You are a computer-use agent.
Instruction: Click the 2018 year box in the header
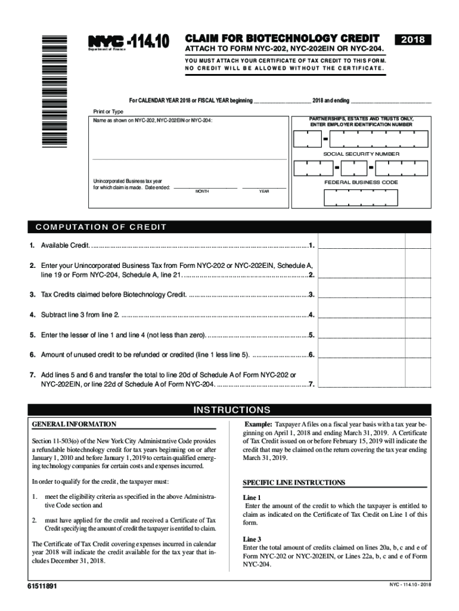(x=413, y=39)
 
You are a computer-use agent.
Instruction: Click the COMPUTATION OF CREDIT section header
(x=101, y=227)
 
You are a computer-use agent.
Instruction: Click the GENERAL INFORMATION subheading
(x=74, y=424)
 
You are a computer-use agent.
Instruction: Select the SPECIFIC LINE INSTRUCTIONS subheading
(x=294, y=482)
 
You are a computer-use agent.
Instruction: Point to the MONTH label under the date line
(x=202, y=192)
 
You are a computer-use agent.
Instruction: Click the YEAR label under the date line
(x=264, y=192)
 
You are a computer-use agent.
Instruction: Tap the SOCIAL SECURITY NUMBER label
(x=361, y=154)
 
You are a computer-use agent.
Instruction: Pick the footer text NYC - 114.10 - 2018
(x=405, y=584)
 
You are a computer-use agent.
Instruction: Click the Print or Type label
(x=107, y=112)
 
